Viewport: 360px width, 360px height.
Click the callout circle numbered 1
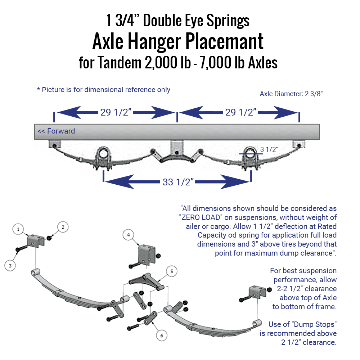pos(18,229)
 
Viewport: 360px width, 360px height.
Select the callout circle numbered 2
pos(63,227)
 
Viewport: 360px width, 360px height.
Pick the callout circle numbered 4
pos(128,235)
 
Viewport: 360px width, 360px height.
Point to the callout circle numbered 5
pos(172,271)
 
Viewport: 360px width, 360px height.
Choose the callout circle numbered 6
pos(162,335)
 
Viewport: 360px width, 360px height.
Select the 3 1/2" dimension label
pos(269,149)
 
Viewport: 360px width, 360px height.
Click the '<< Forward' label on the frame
pos(56,131)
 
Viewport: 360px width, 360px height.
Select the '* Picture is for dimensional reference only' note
pos(104,89)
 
